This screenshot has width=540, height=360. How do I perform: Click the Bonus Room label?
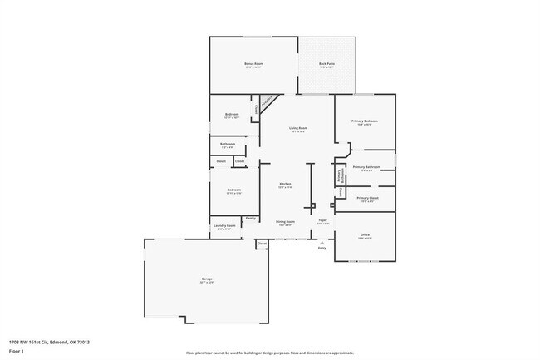point(253,64)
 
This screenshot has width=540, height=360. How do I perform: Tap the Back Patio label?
point(326,64)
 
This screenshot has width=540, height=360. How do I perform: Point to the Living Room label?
point(297,128)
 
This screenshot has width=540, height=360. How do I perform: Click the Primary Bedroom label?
point(364,121)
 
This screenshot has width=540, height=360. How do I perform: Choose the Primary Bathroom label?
point(366,167)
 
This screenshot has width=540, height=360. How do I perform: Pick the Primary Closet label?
point(367,198)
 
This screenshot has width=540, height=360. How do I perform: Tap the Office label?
point(365,235)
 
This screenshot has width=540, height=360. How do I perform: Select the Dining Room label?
point(285,222)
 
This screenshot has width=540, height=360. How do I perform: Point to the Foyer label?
point(323,221)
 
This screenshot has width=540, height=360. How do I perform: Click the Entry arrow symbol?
point(322,242)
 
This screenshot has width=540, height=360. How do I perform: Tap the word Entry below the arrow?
point(322,248)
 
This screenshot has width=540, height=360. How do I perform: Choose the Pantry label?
point(250,218)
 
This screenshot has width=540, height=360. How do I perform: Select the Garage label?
point(206,279)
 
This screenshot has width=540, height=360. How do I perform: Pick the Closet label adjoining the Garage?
point(262,244)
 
